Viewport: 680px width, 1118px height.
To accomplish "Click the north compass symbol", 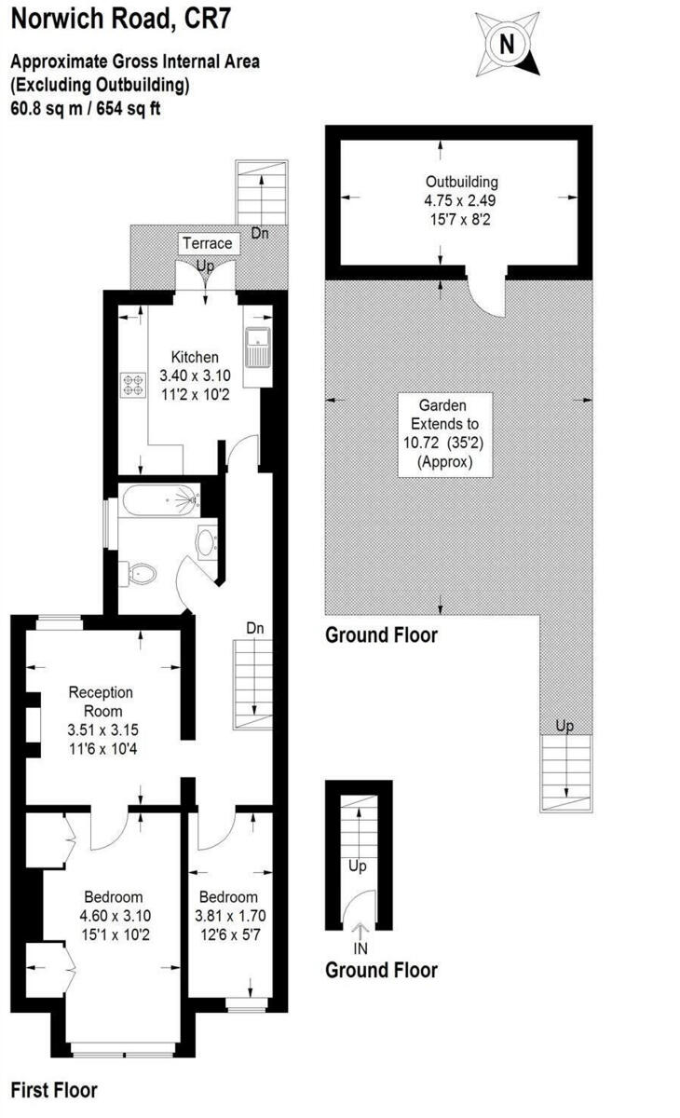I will pyautogui.click(x=507, y=44).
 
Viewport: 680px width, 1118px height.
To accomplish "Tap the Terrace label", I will pyautogui.click(x=206, y=244).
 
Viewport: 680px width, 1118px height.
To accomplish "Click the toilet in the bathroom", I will pyautogui.click(x=141, y=573).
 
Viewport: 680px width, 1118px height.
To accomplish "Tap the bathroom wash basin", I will pyautogui.click(x=207, y=541).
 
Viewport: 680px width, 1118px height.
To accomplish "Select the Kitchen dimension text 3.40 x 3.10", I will pyautogui.click(x=195, y=376).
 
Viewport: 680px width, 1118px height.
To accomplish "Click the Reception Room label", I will pyautogui.click(x=102, y=702).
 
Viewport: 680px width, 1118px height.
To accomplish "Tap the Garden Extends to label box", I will pyautogui.click(x=442, y=434).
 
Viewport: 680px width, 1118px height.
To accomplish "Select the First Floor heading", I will pyautogui.click(x=53, y=1090).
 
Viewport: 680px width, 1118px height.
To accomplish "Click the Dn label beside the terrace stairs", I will pyautogui.click(x=260, y=233).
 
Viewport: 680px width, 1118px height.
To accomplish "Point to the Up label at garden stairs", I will pyautogui.click(x=564, y=725).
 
